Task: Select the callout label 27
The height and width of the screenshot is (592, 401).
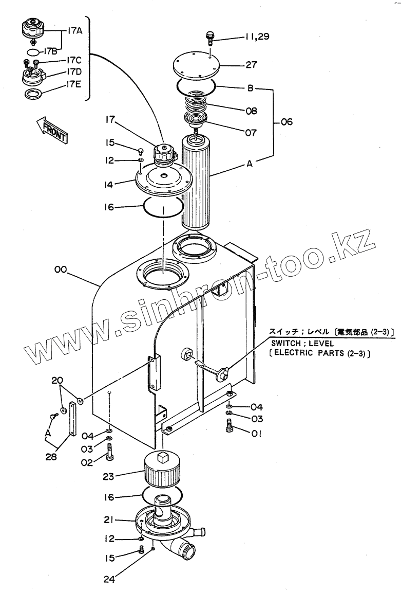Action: [x=252, y=65]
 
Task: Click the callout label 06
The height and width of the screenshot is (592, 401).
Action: [x=286, y=122]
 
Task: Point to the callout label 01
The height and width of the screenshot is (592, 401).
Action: [x=257, y=434]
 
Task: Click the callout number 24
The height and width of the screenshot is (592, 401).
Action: [x=109, y=579]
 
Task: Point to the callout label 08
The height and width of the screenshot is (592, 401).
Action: [x=251, y=111]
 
